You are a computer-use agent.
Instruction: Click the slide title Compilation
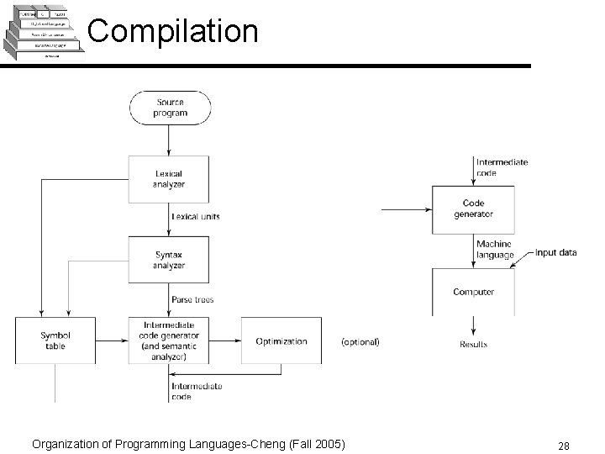coord(172,31)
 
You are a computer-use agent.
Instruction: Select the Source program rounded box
coord(170,108)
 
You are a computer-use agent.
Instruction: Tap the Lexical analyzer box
coord(169,179)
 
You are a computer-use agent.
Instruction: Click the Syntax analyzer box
coord(169,260)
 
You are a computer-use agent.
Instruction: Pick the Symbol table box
coord(55,340)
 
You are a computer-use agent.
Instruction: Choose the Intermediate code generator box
coord(169,340)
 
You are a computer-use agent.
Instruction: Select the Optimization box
coord(281,340)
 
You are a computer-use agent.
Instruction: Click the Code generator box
coord(473,209)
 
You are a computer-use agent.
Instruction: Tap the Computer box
coord(473,292)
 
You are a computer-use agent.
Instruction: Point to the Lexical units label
coord(196,216)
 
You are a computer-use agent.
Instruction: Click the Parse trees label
coord(192,299)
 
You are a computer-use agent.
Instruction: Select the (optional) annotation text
coord(360,342)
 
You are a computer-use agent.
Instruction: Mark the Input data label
coord(555,252)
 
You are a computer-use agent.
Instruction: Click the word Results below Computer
coord(473,345)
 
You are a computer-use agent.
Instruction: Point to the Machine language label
coord(495,250)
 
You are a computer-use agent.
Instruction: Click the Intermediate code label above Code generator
coord(502,167)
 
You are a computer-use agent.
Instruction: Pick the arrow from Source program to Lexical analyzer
coord(170,139)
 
